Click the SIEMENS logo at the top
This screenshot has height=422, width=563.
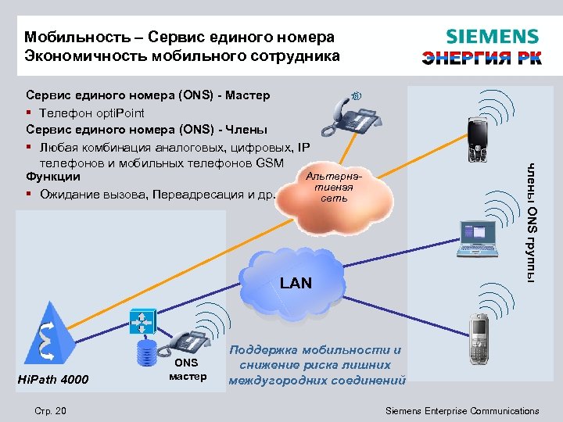click(492, 37)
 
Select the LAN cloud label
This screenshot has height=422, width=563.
click(296, 283)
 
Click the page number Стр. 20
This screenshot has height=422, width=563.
click(51, 411)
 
